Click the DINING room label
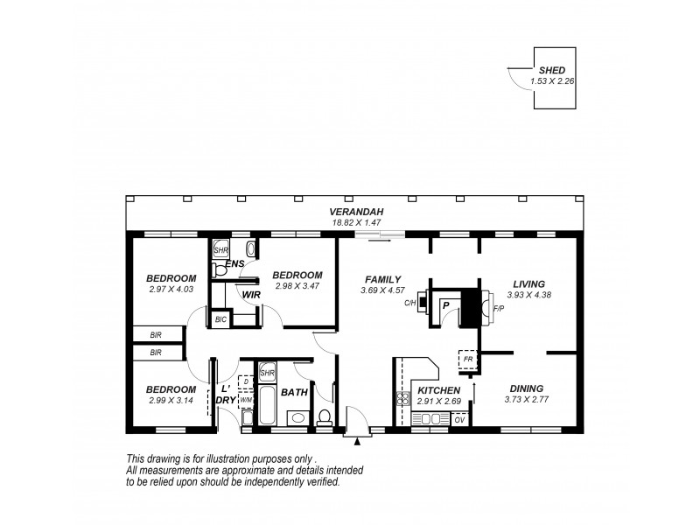(x=524, y=388)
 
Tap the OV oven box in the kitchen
(x=460, y=420)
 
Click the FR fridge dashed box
(x=467, y=359)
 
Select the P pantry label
(x=446, y=305)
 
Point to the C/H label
(x=409, y=304)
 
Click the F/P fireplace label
(x=499, y=309)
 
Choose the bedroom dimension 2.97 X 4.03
(x=170, y=289)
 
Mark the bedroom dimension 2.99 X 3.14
(x=171, y=400)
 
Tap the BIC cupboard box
(x=220, y=320)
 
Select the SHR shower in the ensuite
(x=221, y=248)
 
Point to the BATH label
(x=294, y=392)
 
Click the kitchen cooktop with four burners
(x=404, y=401)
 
